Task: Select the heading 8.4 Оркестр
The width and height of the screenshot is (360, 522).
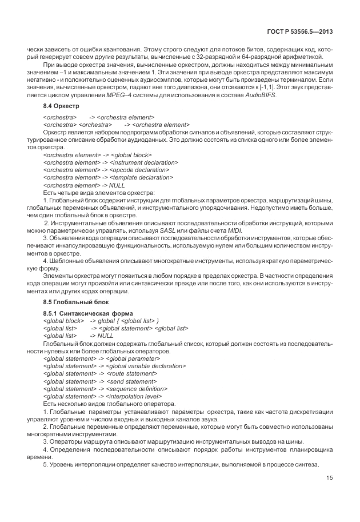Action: (x=61, y=107)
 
